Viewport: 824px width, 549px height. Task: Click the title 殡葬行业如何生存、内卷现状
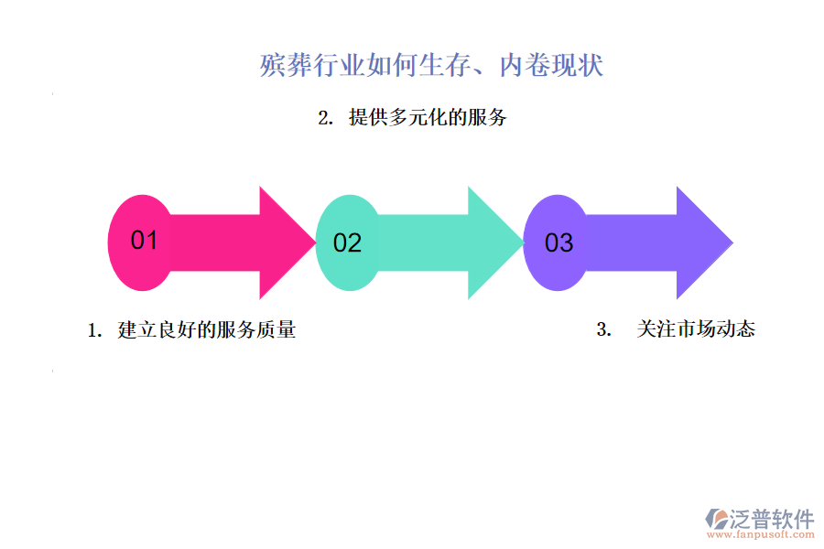click(x=431, y=66)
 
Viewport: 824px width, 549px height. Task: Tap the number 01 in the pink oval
click(x=145, y=241)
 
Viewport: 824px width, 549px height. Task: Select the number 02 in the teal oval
click(x=347, y=243)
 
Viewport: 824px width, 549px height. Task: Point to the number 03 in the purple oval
click(x=558, y=243)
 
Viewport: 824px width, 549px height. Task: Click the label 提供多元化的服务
click(x=428, y=117)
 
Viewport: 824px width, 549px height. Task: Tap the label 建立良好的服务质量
click(x=207, y=330)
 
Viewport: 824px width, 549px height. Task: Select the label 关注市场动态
click(x=696, y=329)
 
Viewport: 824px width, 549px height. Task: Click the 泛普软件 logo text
click(x=771, y=519)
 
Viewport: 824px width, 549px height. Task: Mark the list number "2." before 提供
click(x=324, y=118)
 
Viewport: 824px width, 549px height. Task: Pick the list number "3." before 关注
click(x=603, y=330)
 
